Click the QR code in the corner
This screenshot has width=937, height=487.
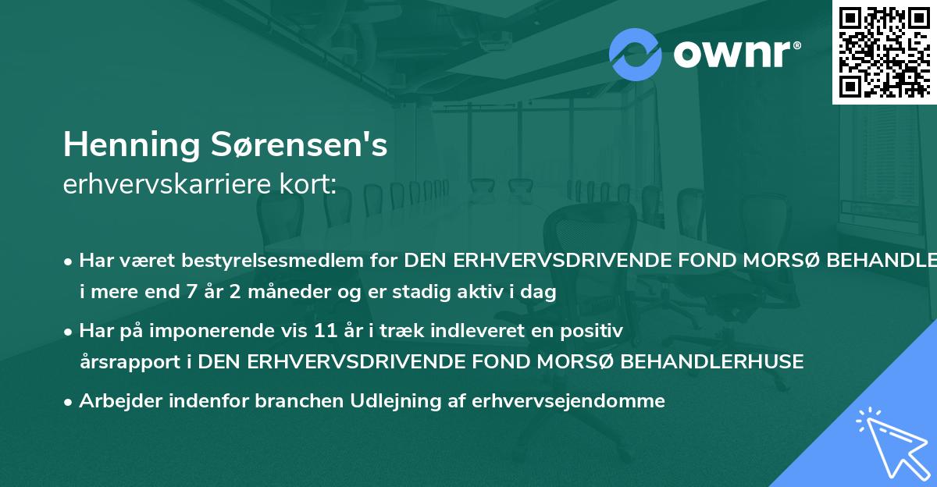tap(884, 52)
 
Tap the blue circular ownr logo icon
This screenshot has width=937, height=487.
tap(635, 54)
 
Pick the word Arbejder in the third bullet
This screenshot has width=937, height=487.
tap(116, 401)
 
